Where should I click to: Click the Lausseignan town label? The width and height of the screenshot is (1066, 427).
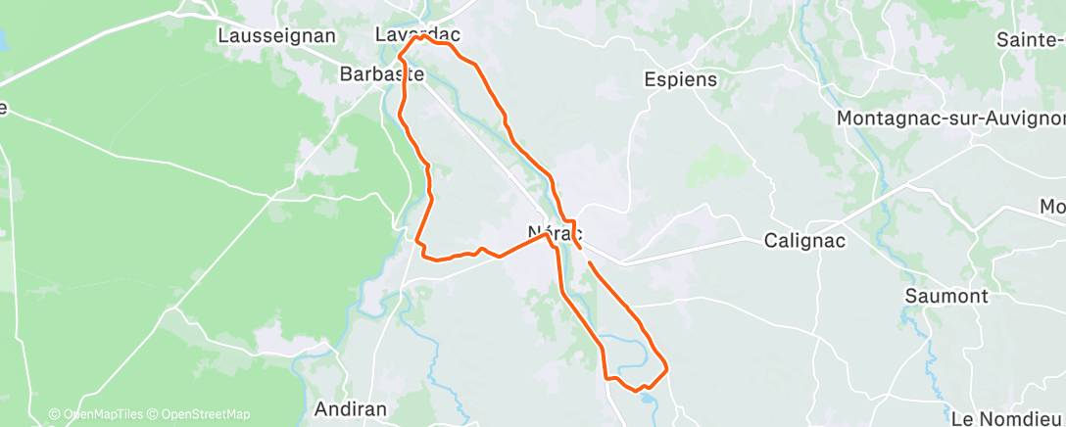click(275, 36)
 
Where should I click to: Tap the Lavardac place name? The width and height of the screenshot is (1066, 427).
click(417, 34)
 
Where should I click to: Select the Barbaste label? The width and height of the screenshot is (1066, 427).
click(381, 74)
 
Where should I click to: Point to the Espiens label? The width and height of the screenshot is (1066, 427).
click(681, 80)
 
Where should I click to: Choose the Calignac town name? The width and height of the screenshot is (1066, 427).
click(803, 240)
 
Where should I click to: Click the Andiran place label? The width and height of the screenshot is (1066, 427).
click(351, 408)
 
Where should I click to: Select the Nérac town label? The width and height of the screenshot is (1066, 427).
click(556, 234)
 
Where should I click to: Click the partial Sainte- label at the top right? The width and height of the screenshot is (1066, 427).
click(1030, 40)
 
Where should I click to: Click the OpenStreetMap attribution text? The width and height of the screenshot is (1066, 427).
click(205, 414)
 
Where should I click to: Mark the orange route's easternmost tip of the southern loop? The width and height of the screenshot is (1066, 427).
click(667, 369)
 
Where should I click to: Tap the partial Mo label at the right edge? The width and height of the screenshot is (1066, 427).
click(1052, 207)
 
